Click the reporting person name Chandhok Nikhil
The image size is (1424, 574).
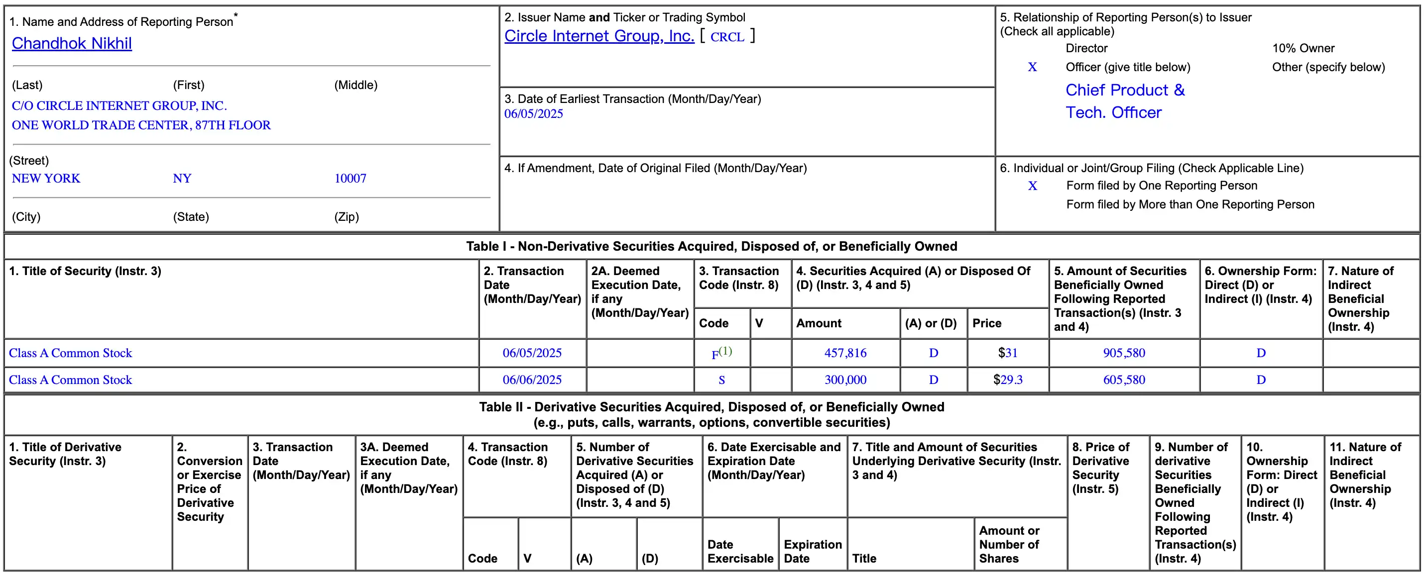click(x=72, y=43)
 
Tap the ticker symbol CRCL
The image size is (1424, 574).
click(x=727, y=37)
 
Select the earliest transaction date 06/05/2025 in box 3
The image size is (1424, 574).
click(x=533, y=114)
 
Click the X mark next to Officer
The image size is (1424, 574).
click(x=1032, y=68)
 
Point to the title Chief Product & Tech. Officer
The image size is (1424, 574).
click(x=1124, y=101)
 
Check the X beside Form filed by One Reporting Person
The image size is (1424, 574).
click(x=1032, y=186)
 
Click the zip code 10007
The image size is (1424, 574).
click(x=350, y=179)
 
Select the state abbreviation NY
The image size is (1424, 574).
click(x=182, y=179)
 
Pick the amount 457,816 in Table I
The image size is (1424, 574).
click(x=845, y=353)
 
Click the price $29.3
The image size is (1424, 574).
click(x=1007, y=380)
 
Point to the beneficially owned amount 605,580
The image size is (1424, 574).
click(x=1124, y=380)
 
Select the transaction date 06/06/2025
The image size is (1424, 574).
click(x=532, y=380)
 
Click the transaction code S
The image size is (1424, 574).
click(x=721, y=380)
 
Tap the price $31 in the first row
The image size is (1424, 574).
click(x=1007, y=353)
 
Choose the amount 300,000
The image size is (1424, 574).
click(x=845, y=380)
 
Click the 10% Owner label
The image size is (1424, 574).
click(x=1303, y=49)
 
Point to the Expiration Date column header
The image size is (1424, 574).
click(x=812, y=551)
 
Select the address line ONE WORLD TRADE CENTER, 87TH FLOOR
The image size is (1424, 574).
click(x=141, y=125)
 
